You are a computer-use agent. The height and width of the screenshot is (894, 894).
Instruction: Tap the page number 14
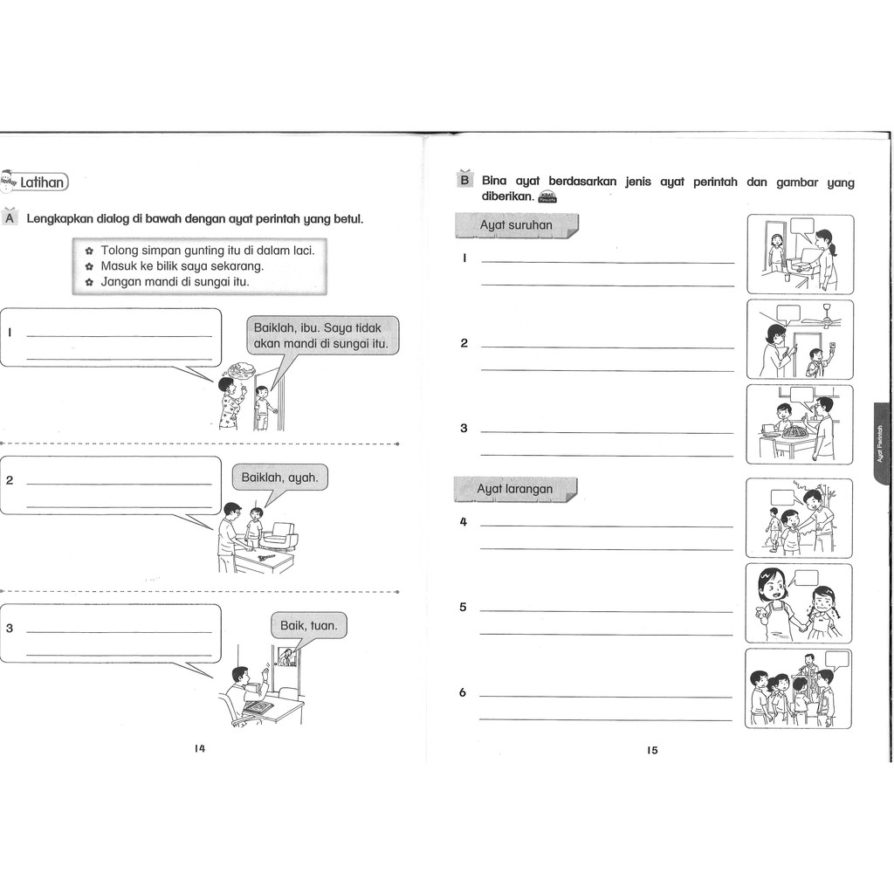coord(200,748)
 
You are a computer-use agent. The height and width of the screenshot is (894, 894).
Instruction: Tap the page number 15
coord(652,750)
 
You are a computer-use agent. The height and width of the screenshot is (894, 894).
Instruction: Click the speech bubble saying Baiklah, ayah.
coord(279,478)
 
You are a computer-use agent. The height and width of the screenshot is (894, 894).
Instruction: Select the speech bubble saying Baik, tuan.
coord(308,625)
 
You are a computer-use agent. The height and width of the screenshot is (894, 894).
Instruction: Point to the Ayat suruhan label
coord(516,225)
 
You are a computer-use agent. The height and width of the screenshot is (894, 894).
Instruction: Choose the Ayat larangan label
coord(514,489)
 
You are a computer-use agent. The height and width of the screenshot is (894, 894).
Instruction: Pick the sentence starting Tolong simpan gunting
coord(207,250)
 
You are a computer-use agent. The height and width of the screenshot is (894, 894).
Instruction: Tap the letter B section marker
coord(464,181)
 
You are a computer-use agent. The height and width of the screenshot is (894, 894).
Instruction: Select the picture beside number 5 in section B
coord(799,603)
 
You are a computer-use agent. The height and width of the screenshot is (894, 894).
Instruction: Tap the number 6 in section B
coord(464,692)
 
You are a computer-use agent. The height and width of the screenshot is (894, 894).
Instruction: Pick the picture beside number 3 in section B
coord(800,424)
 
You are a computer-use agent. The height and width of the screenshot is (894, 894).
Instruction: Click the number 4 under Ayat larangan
coord(464,522)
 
